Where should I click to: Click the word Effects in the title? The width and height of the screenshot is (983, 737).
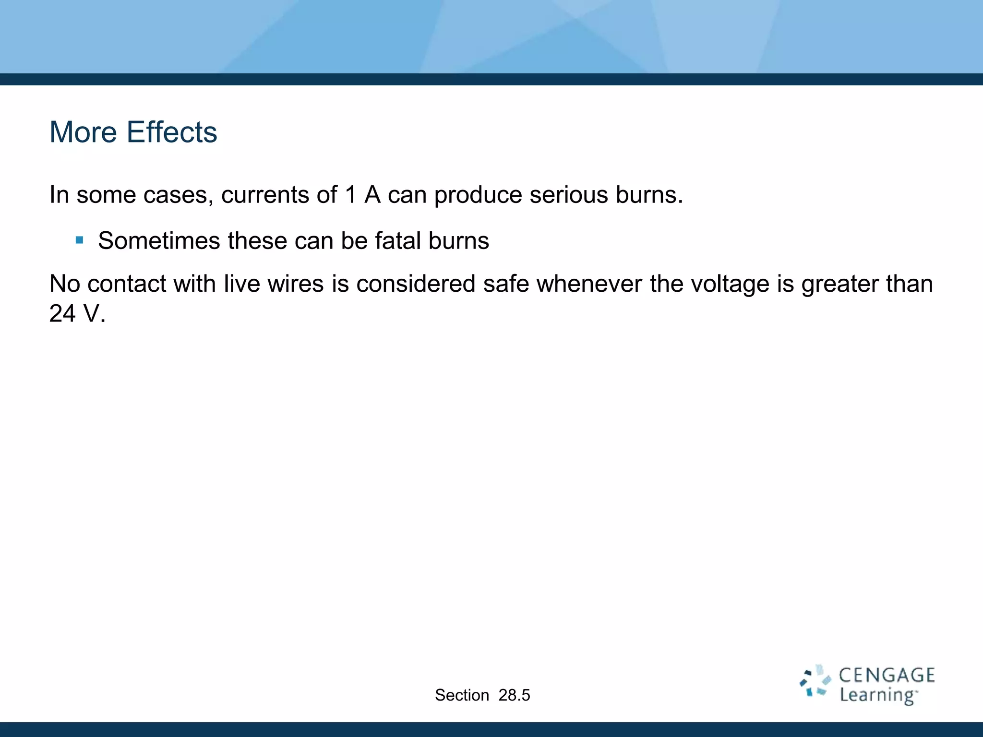[171, 132]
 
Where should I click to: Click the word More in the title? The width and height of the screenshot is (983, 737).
[83, 132]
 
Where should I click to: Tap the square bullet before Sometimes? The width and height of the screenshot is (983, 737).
[80, 240]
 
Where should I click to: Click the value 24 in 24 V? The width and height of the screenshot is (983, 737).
[62, 314]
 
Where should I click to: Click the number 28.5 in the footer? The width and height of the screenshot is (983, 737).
[514, 695]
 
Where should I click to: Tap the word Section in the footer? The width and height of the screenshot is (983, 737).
[462, 695]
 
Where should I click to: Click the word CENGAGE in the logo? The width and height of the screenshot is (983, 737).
[887, 676]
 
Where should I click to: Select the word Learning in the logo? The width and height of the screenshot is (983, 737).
[877, 695]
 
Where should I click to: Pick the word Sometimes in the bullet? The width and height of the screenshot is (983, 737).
[159, 240]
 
